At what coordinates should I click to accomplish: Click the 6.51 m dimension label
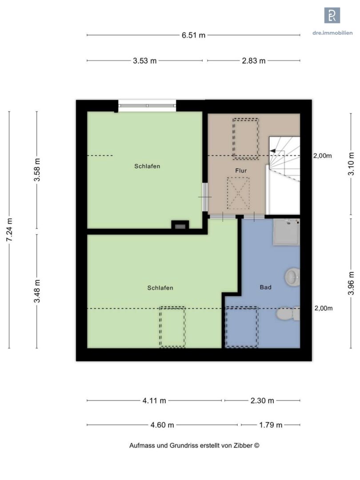tap(193, 35)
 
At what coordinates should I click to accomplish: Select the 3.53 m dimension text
tap(144, 61)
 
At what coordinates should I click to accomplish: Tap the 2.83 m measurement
tap(253, 61)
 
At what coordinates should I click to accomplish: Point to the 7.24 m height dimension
tap(9, 230)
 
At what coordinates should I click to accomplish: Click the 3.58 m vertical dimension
tap(37, 170)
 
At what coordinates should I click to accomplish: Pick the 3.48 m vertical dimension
tap(37, 291)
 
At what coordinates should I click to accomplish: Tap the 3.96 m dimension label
tap(351, 283)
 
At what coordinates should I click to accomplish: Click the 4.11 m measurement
tap(154, 400)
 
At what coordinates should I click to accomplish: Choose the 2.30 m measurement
tap(262, 400)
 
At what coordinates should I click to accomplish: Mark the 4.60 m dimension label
tap(162, 425)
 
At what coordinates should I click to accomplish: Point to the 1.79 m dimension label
tap(271, 425)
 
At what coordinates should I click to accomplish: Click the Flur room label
tap(241, 171)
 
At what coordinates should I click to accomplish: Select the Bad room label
tap(265, 287)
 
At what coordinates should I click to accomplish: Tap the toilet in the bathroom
tap(288, 313)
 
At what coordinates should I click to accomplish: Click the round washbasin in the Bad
tap(292, 277)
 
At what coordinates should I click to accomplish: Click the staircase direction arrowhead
tap(272, 151)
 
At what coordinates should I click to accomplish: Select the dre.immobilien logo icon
tap(332, 15)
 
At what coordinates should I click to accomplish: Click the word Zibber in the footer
tap(244, 445)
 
